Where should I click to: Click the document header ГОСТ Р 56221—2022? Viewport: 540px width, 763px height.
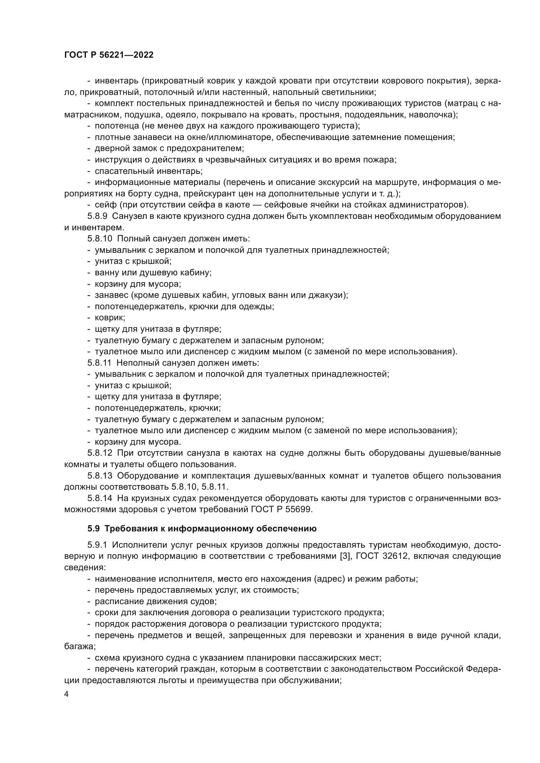coord(109,55)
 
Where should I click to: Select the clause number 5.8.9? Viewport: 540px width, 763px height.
coord(97,216)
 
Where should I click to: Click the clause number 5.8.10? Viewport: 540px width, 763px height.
coord(100,238)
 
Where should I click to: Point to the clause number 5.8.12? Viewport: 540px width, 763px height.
coord(100,453)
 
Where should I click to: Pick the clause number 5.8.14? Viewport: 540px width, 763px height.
coord(100,498)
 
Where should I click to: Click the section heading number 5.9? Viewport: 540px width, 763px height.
coord(93,528)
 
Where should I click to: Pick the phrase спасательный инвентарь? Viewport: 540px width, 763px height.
coord(148,171)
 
